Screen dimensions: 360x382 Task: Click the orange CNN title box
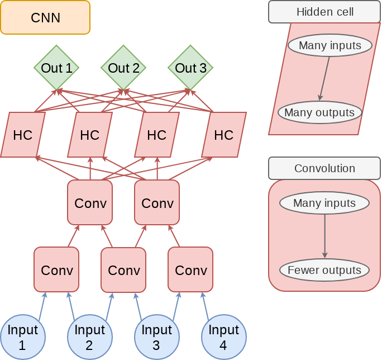[45, 17]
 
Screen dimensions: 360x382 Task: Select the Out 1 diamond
[56, 68]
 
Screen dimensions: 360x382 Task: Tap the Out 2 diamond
[123, 68]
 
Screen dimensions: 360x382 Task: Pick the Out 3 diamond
[190, 68]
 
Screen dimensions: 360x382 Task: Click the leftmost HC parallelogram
[23, 135]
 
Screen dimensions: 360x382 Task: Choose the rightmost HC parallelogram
[224, 135]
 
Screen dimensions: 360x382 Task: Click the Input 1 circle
[22, 337]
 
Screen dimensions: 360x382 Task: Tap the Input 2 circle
[89, 337]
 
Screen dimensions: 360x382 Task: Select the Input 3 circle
[156, 337]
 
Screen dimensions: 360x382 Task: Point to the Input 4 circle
[223, 337]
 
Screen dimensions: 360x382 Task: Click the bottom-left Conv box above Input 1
[56, 269]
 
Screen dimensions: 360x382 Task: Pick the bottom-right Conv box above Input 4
[190, 269]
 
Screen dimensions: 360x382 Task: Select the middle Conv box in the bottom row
[123, 269]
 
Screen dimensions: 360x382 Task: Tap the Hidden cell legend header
[324, 12]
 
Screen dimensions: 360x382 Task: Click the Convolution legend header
[324, 168]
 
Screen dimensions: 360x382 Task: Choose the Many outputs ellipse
[319, 112]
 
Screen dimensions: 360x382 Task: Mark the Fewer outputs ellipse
[324, 271]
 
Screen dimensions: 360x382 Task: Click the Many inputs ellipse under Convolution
[324, 203]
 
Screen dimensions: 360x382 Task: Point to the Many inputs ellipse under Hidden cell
[330, 45]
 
